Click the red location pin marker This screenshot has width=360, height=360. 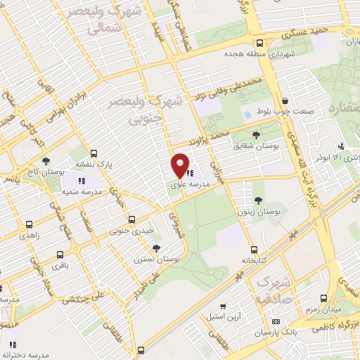pyautogui.click(x=181, y=165)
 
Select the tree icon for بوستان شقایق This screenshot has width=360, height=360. pyautogui.click(x=256, y=133)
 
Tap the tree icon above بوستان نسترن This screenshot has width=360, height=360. pyautogui.click(x=155, y=248)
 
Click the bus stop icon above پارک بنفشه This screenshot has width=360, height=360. pyautogui.click(x=94, y=152)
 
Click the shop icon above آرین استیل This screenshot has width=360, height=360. pyautogui.click(x=222, y=307)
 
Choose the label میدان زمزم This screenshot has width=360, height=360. pyautogui.click(x=323, y=309)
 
